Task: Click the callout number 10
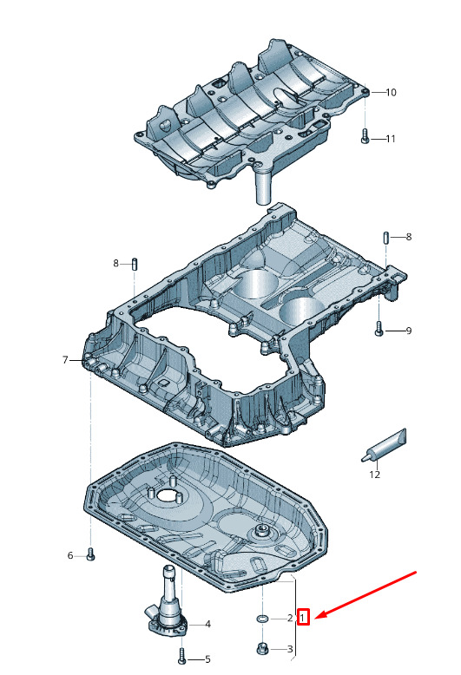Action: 391,92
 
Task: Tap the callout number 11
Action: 391,139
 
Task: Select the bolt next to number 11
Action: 365,136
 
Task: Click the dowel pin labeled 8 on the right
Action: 386,237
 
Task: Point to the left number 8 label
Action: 115,263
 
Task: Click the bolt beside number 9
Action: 379,329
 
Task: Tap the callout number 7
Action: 65,359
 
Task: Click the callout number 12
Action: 375,475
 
